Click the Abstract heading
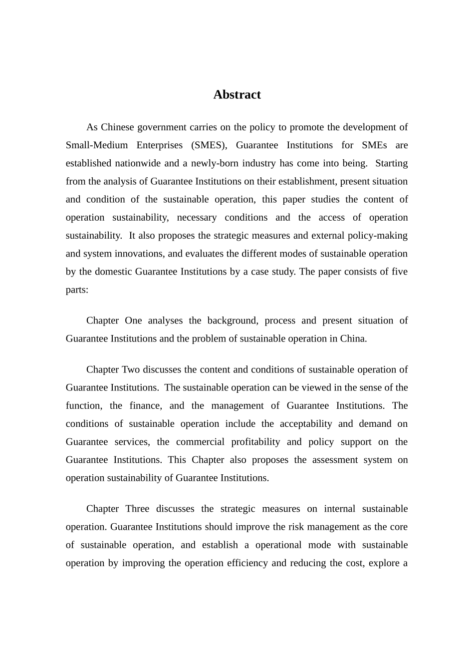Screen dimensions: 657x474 point(237,95)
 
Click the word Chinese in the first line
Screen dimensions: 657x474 point(117,127)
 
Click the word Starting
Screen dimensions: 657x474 point(391,163)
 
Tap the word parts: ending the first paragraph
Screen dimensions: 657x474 point(77,290)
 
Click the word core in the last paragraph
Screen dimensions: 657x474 point(399,527)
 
